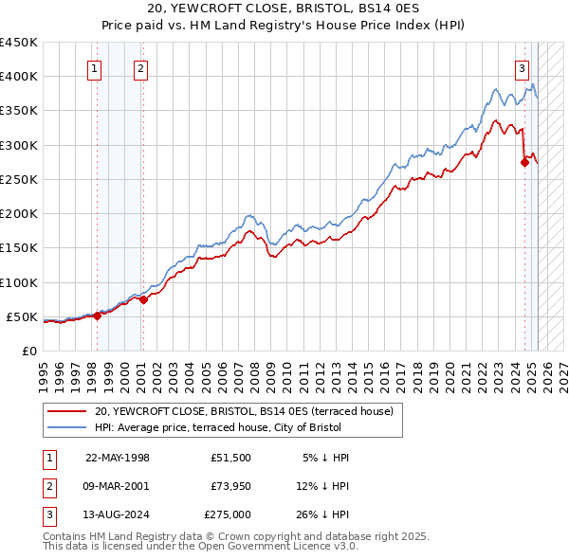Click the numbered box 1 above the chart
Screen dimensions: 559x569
[96, 67]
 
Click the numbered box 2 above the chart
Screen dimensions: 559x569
[140, 67]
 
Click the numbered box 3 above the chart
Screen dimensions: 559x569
[523, 67]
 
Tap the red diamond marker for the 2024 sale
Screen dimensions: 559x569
[524, 162]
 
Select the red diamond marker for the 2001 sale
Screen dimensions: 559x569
[143, 300]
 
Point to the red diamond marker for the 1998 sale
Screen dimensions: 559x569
[97, 316]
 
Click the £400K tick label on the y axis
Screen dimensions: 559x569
[18, 77]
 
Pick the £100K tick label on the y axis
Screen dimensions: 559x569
[18, 282]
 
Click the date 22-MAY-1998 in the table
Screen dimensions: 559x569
[118, 458]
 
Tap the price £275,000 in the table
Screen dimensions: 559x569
[228, 514]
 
